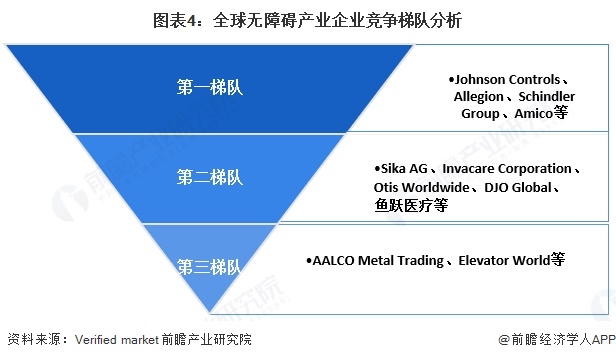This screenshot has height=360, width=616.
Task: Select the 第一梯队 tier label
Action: pos(209,87)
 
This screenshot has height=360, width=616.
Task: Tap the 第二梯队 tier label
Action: pos(209,177)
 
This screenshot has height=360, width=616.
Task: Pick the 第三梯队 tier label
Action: pos(209,266)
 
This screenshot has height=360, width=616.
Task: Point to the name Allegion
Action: pos(483,96)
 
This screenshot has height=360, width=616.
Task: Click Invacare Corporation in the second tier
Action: pos(509,168)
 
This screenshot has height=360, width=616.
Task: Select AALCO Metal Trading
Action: pos(379,260)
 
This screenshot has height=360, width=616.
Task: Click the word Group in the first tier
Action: pos(480,113)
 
